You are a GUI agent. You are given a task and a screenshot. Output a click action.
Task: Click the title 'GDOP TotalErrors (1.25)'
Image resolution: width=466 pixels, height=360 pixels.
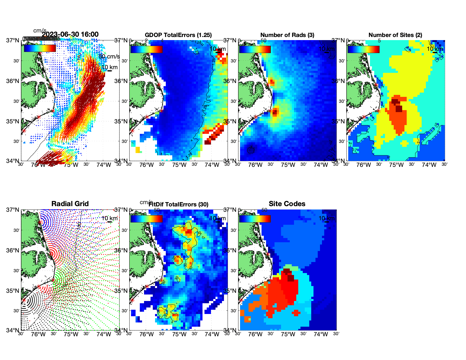(178, 35)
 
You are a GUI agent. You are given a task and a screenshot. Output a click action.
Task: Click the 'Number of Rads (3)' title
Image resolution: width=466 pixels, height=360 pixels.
(287, 35)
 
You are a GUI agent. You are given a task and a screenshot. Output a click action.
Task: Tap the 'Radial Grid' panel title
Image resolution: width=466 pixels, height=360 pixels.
(70, 204)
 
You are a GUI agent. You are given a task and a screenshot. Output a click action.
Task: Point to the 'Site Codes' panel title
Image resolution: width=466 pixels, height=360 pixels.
(287, 204)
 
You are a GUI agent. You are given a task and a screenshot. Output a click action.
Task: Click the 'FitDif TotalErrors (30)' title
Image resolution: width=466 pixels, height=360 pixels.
(178, 204)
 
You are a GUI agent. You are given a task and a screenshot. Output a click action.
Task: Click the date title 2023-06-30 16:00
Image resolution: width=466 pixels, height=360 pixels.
(70, 34)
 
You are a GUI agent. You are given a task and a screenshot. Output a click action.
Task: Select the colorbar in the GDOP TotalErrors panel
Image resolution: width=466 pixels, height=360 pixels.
(146, 49)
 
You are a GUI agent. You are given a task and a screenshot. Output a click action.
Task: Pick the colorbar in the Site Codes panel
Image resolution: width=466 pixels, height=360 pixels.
(255, 219)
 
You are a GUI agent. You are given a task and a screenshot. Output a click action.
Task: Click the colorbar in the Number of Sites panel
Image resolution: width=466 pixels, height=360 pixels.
(363, 49)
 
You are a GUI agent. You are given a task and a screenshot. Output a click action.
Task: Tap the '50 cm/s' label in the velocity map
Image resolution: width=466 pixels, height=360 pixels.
(109, 56)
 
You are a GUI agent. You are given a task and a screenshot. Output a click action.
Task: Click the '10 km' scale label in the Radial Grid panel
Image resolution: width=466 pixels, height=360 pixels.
(109, 218)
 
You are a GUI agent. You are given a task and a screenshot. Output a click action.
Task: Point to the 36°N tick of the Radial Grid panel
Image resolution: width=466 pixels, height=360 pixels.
(13, 250)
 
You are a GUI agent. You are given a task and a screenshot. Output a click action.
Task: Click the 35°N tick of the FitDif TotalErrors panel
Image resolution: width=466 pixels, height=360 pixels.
(122, 291)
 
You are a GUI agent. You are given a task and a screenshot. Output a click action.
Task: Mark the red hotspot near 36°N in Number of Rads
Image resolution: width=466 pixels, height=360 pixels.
(272, 82)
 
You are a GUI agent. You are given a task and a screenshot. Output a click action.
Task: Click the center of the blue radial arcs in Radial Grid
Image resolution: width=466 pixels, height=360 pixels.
(40, 222)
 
